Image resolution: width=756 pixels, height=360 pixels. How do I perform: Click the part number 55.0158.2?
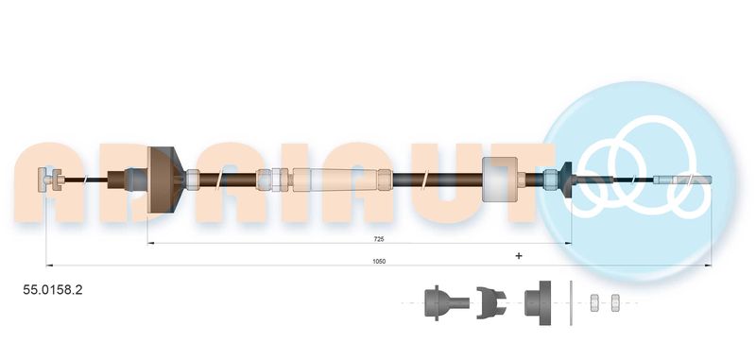click(x=53, y=290)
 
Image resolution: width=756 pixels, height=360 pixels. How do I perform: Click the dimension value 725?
click(x=379, y=238)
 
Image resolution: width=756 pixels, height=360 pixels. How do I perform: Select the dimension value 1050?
click(x=379, y=261)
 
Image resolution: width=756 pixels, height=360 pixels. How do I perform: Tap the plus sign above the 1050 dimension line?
click(x=519, y=255)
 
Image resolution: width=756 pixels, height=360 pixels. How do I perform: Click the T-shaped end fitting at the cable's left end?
click(x=51, y=180)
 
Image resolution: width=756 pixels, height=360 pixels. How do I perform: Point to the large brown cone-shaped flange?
click(x=165, y=180)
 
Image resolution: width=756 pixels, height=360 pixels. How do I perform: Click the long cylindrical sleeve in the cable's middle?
click(x=335, y=180)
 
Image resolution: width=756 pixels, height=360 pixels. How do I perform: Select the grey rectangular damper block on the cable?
click(x=500, y=180)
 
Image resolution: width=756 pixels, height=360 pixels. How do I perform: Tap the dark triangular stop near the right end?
click(x=567, y=180)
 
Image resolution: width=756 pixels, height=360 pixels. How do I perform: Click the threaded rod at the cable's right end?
click(x=682, y=180)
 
